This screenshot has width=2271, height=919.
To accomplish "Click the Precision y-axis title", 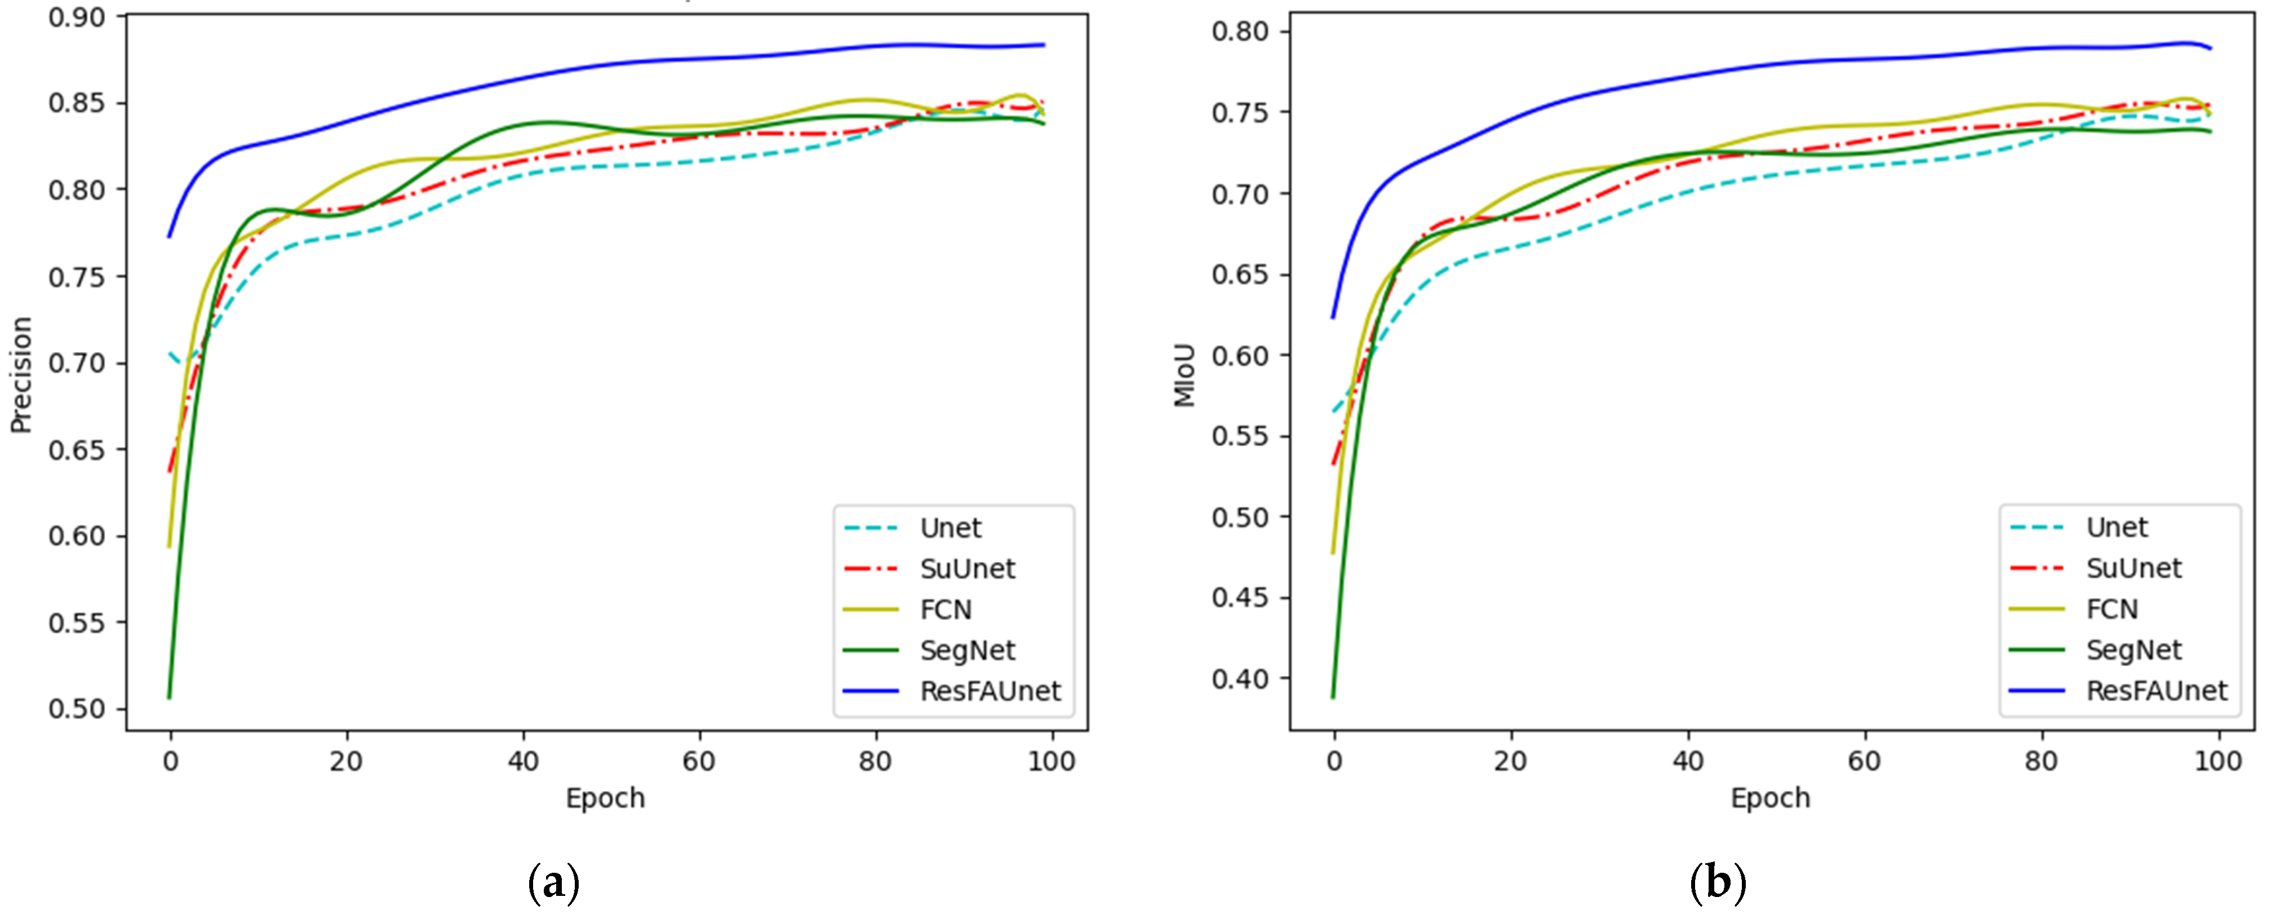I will click(x=21, y=375).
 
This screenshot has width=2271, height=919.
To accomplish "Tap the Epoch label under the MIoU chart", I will click(x=1769, y=798).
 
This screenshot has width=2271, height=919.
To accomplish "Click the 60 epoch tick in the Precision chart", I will click(x=699, y=761).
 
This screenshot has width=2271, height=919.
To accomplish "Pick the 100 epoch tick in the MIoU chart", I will click(x=2217, y=761).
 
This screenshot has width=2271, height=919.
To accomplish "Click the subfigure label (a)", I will click(x=553, y=882).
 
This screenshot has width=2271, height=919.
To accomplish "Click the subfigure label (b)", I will click(x=1718, y=882).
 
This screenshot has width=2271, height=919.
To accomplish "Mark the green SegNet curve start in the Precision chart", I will click(x=169, y=697).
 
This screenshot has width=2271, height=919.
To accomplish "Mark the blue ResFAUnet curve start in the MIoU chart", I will click(x=1333, y=317).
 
